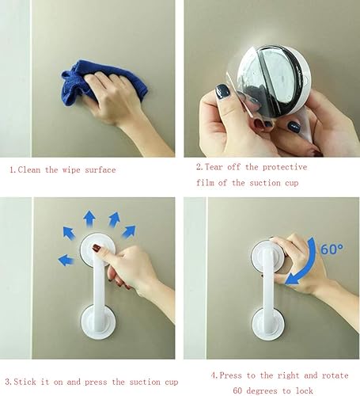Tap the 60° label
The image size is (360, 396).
click(x=332, y=249)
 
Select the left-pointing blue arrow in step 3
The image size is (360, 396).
click(x=66, y=261)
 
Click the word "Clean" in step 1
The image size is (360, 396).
click(x=29, y=169)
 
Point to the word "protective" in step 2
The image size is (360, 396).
click(x=285, y=167)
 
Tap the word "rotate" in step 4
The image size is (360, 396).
click(x=335, y=375)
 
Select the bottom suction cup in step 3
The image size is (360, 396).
click(x=98, y=322)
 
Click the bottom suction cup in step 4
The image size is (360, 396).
click(x=268, y=324)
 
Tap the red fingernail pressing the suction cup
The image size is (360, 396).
click(x=97, y=248)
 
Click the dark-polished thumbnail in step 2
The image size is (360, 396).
click(x=222, y=92)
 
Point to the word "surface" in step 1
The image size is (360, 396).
click(x=100, y=169)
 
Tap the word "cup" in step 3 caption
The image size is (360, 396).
click(x=172, y=383)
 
